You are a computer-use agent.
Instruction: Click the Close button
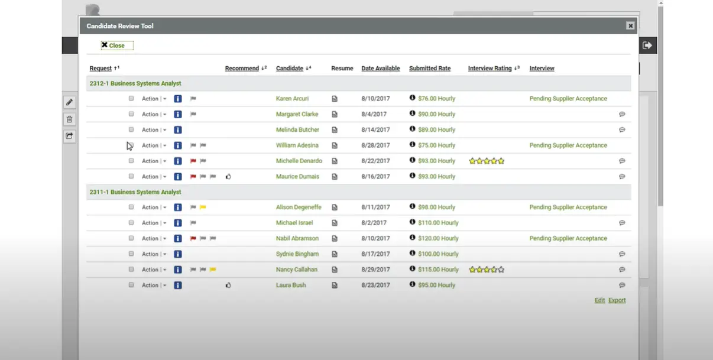pos(117,46)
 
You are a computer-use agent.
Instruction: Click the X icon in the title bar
pos(630,26)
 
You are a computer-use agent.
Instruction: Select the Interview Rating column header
pos(490,69)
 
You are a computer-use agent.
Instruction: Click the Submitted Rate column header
pos(429,69)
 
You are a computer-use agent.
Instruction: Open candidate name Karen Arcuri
pos(292,99)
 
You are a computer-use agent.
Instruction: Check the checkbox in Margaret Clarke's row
pos(131,114)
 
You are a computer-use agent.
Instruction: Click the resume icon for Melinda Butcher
pos(335,130)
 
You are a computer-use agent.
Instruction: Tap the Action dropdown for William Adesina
pos(154,145)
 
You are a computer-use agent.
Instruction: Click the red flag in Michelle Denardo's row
pos(193,161)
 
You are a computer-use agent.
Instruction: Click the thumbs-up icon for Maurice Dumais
pos(228,176)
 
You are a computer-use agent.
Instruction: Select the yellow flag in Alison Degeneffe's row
pos(203,207)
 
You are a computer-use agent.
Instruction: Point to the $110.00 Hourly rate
pos(438,223)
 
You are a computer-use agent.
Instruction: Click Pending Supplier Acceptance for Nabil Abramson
pos(568,238)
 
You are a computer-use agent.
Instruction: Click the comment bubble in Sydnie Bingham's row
pos(622,254)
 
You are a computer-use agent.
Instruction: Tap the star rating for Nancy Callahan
pos(487,270)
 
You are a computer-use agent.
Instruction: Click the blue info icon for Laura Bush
pos(177,285)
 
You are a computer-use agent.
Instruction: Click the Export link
pos(617,300)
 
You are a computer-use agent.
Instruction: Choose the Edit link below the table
pos(599,300)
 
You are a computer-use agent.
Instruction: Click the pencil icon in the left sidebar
pos(69,102)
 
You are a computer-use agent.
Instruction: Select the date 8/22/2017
pos(375,161)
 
